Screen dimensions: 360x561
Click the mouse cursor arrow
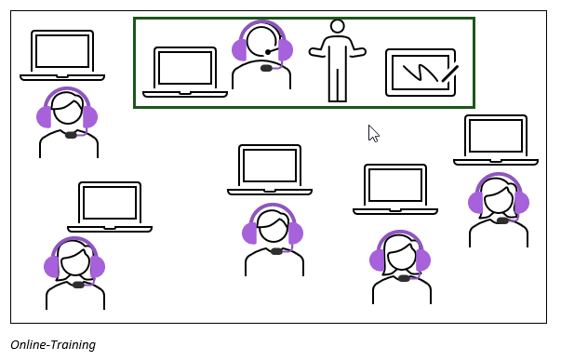(373, 133)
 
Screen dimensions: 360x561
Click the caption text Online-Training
(53, 345)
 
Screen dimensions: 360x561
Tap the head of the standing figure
(338, 26)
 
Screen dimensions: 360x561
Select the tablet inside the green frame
(421, 73)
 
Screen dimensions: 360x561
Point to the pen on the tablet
(449, 73)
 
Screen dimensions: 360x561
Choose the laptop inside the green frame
(185, 71)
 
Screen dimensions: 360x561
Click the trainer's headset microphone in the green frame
(268, 52)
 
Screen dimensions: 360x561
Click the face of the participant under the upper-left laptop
(68, 113)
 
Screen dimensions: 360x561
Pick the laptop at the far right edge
(496, 139)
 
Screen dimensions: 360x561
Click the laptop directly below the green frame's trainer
(270, 168)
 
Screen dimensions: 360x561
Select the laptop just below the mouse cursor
(395, 188)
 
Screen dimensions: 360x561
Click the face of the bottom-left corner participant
(75, 262)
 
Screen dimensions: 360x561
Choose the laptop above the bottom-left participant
(110, 206)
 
